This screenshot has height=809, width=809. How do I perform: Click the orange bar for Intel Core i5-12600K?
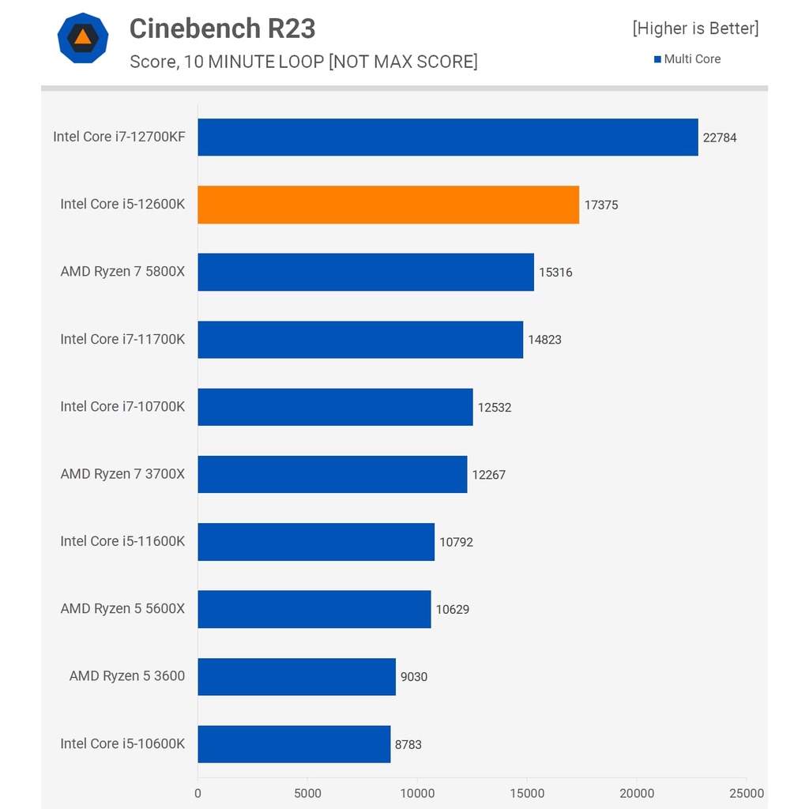coord(389,205)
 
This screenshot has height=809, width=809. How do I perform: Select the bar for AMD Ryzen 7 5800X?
coord(366,272)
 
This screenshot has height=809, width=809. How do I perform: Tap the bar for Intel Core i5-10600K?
coord(294,744)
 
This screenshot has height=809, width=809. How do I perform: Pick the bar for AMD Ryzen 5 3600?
coord(297,677)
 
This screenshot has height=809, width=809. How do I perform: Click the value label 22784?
coord(720,137)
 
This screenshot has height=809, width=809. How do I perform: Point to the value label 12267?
coord(488,475)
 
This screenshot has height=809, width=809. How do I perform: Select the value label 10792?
coord(456,542)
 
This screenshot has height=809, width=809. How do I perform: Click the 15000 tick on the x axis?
coord(527,793)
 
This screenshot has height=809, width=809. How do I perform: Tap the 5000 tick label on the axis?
coord(307,793)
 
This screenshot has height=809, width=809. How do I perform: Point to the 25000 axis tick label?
coord(747,793)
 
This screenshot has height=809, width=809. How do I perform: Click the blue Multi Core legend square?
coord(657,59)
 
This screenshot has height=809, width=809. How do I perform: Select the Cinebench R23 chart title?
coord(222,28)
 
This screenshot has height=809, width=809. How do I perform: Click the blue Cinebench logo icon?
coord(83,38)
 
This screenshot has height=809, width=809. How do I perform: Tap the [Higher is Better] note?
coord(695,28)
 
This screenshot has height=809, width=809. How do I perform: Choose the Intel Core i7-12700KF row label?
coord(119,137)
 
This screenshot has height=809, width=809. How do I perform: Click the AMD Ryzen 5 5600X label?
coord(122,609)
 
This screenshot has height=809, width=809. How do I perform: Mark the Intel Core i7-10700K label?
coord(122,407)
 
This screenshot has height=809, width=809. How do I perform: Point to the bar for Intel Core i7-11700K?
coord(360,340)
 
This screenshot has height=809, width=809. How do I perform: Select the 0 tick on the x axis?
coord(198,793)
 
